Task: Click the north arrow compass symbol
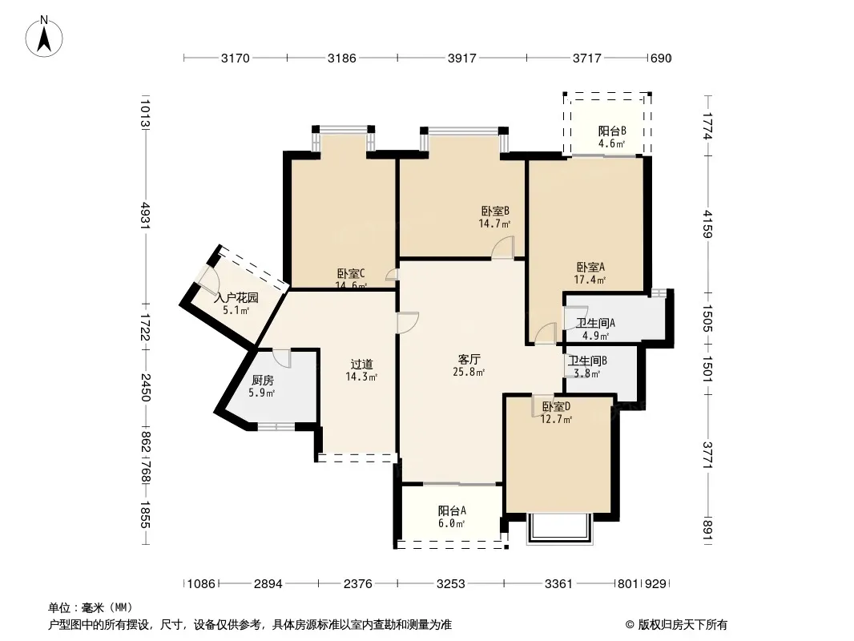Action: pyautogui.click(x=44, y=36)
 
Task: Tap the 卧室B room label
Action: pyautogui.click(x=495, y=211)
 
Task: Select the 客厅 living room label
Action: pyautogui.click(x=469, y=360)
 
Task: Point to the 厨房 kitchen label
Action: pyautogui.click(x=262, y=380)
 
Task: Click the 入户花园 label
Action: pyautogui.click(x=236, y=298)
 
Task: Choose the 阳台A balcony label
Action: pyautogui.click(x=452, y=511)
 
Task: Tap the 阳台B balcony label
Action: pyautogui.click(x=612, y=131)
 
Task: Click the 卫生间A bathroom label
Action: pyautogui.click(x=596, y=323)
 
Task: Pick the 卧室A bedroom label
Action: pyautogui.click(x=590, y=267)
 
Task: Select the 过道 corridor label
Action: pyautogui.click(x=361, y=364)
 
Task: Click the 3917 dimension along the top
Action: pyautogui.click(x=462, y=58)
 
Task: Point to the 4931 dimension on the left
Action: pyautogui.click(x=145, y=215)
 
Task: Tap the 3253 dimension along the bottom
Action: pyautogui.click(x=451, y=584)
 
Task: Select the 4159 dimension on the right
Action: pyautogui.click(x=707, y=224)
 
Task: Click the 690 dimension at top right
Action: pyautogui.click(x=661, y=58)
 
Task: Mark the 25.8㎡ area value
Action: pyautogui.click(x=469, y=373)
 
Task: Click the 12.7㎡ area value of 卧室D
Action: pyautogui.click(x=556, y=419)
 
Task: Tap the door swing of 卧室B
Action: pyautogui.click(x=502, y=247)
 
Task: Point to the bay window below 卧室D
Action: pyautogui.click(x=559, y=528)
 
